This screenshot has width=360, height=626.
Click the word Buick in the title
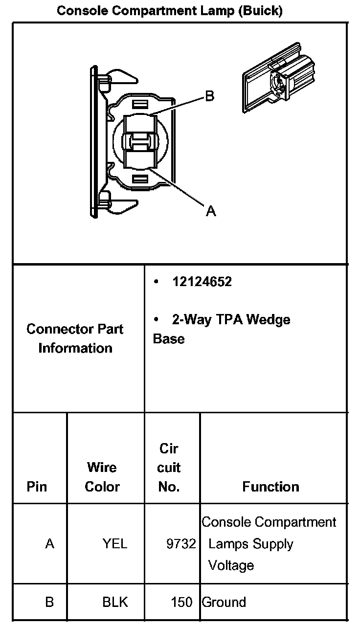[x=260, y=11]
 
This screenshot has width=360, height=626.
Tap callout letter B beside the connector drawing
[x=210, y=96]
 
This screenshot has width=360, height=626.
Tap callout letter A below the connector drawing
[x=211, y=211]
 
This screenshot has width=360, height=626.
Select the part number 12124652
[x=202, y=282]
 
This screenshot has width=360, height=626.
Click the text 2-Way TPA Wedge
[x=231, y=319]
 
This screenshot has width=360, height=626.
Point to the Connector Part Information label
[x=75, y=338]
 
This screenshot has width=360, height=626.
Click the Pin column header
[x=37, y=487]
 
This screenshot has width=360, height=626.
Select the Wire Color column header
[x=102, y=477]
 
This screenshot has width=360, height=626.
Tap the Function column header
[x=270, y=487]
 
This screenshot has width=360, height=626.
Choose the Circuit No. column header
[x=169, y=468]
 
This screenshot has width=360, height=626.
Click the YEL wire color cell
[x=115, y=544]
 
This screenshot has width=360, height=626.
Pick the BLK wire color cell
[x=115, y=602]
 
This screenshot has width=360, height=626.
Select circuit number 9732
[x=181, y=544]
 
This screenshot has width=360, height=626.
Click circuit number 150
[x=182, y=602]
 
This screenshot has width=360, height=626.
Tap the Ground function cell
[x=224, y=602]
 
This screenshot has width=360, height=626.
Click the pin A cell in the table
[x=49, y=544]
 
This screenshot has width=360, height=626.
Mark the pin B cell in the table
[x=49, y=602]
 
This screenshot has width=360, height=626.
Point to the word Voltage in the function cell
[x=231, y=565]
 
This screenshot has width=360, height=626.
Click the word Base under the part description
[x=169, y=338]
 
